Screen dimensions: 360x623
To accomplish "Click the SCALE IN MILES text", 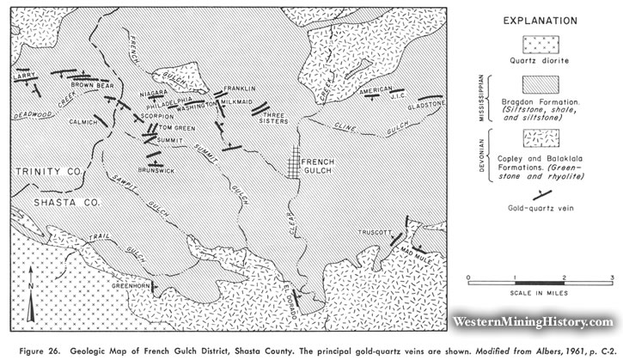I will pos(538,291).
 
